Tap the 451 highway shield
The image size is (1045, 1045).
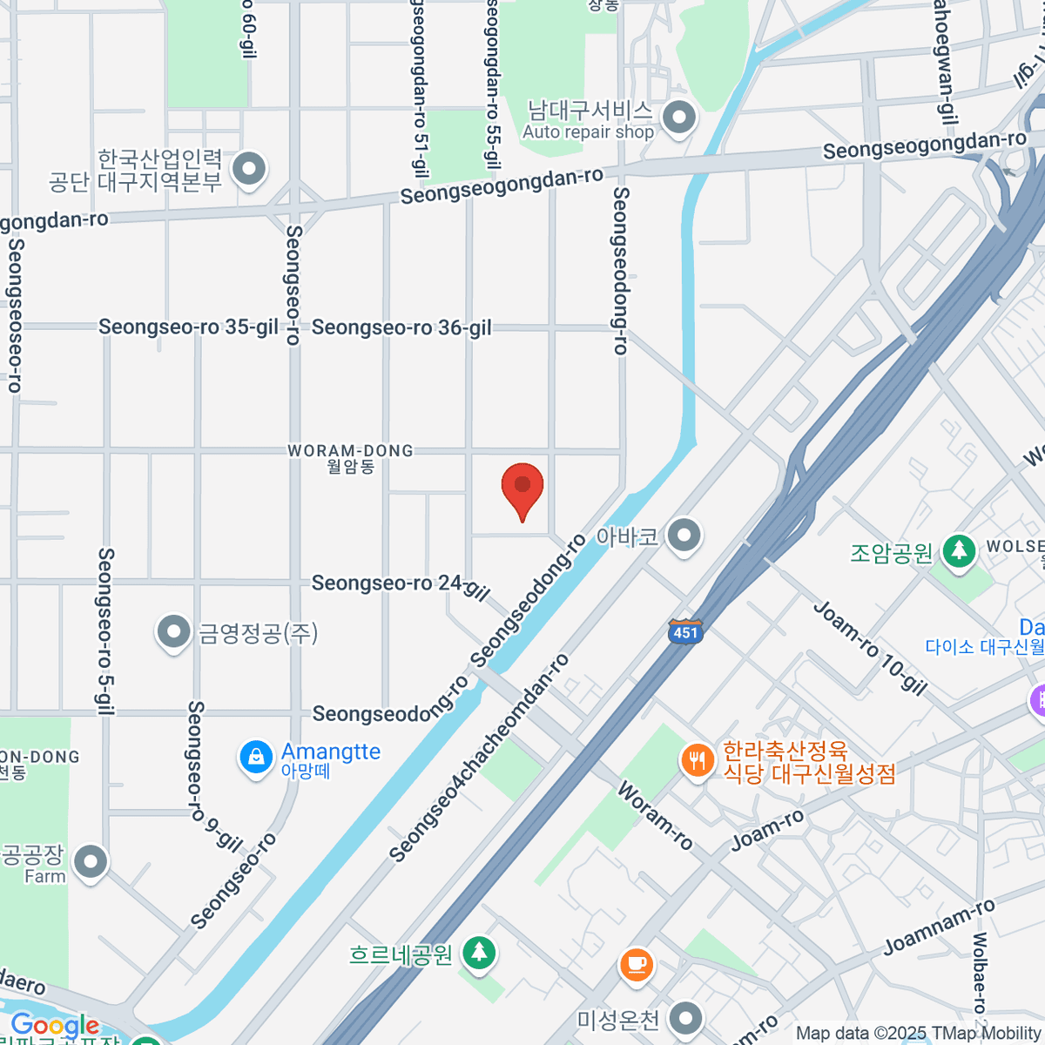point(685,632)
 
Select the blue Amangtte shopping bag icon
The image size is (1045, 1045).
point(256,758)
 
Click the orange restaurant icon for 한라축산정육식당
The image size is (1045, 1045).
point(697,761)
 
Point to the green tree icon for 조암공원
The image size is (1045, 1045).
point(959,550)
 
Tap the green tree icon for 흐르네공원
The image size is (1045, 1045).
point(478,953)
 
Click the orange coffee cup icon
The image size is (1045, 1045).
point(637,964)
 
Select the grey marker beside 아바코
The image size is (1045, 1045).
point(684,536)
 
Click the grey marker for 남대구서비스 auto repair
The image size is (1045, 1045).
point(679,117)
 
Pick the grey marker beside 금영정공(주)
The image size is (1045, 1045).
point(173,631)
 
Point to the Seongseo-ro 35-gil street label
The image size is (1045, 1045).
point(188,327)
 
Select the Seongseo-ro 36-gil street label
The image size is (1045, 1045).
point(401,327)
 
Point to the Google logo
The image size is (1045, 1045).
point(54,1026)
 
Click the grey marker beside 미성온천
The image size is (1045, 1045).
point(686,1017)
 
